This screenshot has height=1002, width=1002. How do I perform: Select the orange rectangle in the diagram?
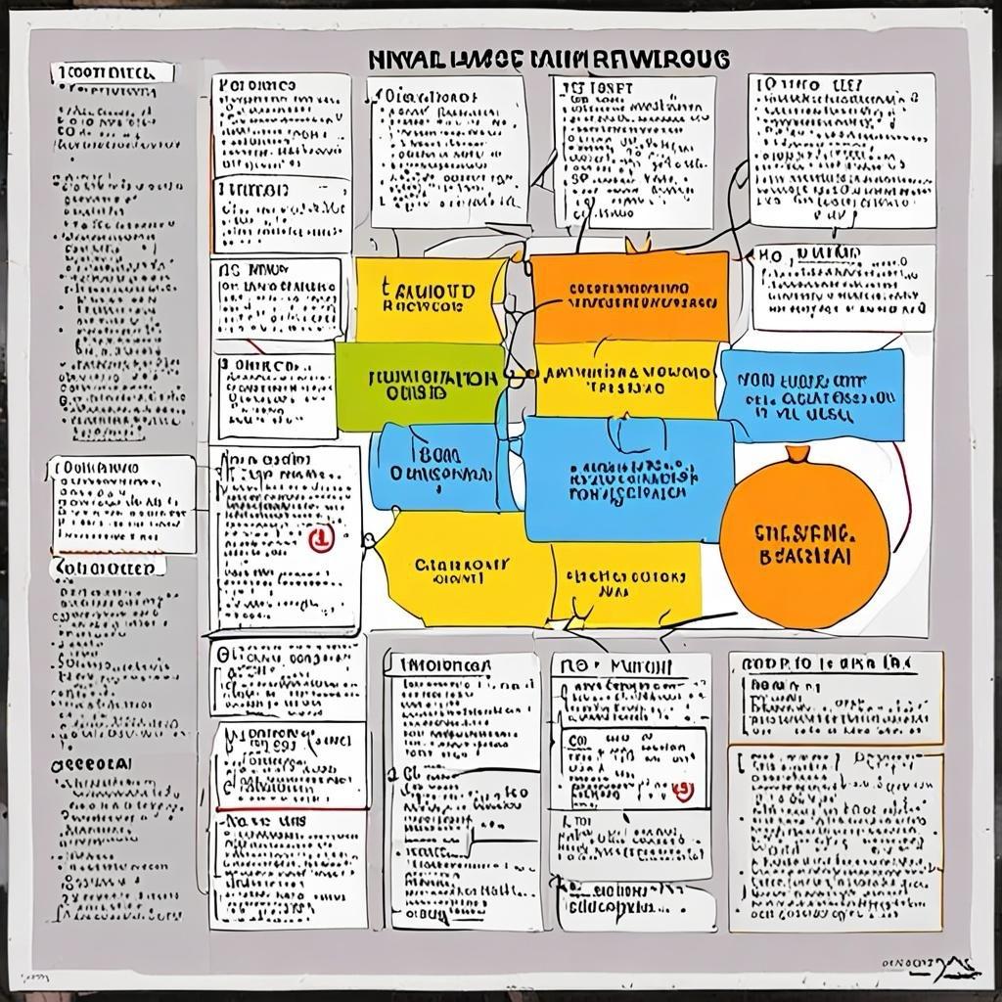point(629,296)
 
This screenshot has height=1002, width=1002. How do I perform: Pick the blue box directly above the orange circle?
point(810,394)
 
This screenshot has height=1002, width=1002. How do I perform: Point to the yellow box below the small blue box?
point(462,568)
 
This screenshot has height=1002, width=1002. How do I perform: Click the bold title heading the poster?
point(550,60)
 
